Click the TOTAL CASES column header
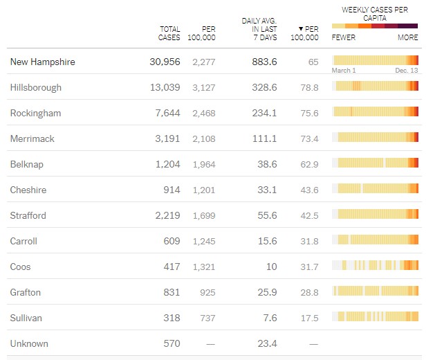[169, 33]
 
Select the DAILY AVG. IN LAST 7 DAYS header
[259, 29]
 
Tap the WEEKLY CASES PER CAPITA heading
[375, 14]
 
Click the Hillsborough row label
[36, 87]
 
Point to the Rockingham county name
[35, 113]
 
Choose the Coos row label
[21, 267]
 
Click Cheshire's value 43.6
[309, 190]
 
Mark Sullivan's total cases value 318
[171, 318]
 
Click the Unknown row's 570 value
[171, 343]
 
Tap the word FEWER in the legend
[344, 37]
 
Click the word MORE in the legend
[407, 37]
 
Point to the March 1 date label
[344, 71]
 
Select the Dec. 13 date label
[407, 71]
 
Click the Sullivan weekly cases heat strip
[376, 317]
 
